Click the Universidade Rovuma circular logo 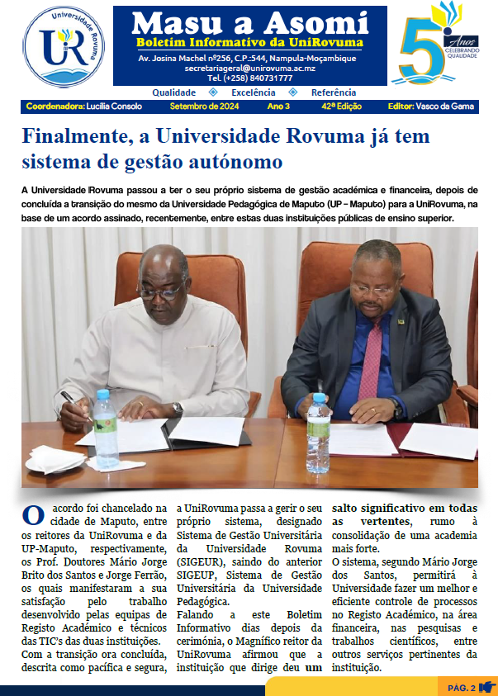coord(64,47)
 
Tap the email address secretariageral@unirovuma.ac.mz coord(249,69)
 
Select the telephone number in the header coord(249,78)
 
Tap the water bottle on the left coord(106,428)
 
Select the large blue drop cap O coord(33,516)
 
